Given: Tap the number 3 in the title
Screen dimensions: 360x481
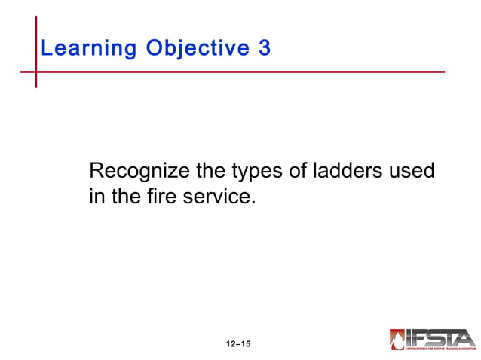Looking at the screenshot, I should (x=263, y=49).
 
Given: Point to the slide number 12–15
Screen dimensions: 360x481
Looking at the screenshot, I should (x=237, y=345).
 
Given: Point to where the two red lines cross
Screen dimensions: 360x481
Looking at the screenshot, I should (x=35, y=72).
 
